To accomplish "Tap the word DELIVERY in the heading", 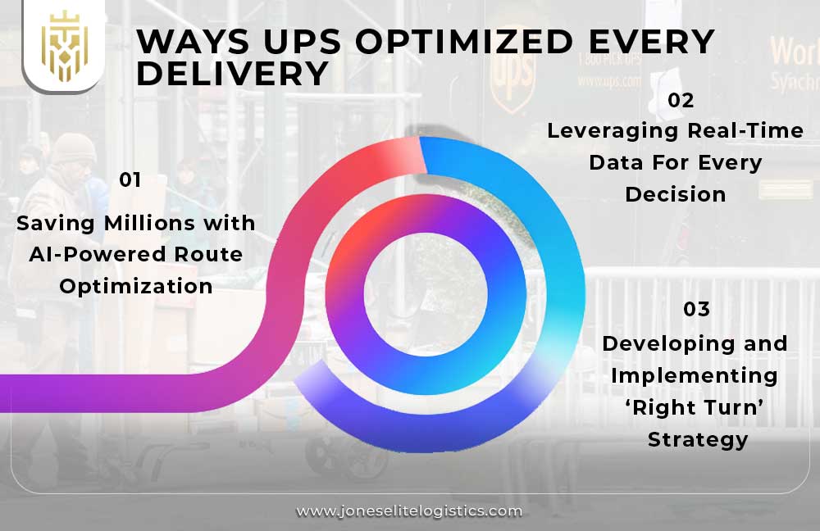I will [x=232, y=75].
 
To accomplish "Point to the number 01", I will [x=130, y=180].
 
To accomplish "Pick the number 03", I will [x=696, y=310].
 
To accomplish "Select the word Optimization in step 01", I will [x=136, y=286].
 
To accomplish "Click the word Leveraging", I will [x=613, y=131].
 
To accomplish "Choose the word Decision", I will [x=676, y=194].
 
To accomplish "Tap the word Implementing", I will [x=695, y=374].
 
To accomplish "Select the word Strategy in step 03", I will [x=698, y=438].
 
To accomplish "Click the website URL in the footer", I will [x=409, y=511].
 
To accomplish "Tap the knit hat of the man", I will [x=73, y=148].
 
